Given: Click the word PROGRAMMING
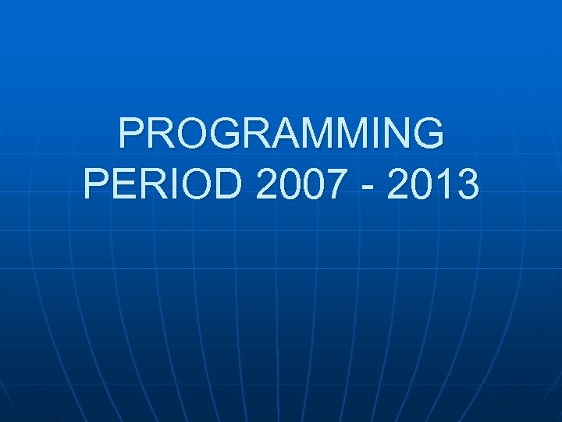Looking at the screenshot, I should (281, 134).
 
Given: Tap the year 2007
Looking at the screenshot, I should (292, 186).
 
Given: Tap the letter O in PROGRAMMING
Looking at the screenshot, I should (173, 134).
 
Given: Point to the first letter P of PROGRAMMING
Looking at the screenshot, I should (133, 134).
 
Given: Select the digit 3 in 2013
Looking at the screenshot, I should (468, 186).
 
